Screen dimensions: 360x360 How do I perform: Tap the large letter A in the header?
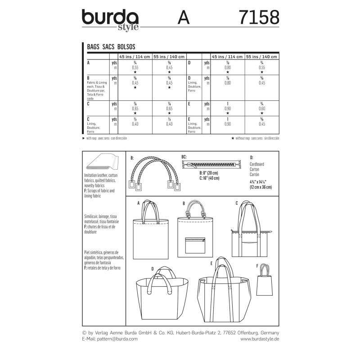[184, 18]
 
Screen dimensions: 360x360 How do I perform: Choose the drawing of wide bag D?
[162, 295]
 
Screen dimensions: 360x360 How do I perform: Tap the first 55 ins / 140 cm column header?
[169, 57]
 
